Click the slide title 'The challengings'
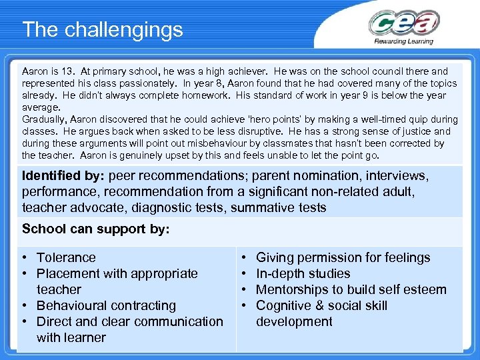(x=102, y=29)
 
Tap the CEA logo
(x=403, y=23)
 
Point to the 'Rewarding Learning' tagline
(x=403, y=41)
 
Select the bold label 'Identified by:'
(x=63, y=176)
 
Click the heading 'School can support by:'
(x=96, y=229)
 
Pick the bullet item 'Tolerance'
(x=66, y=257)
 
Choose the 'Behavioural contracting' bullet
(x=106, y=305)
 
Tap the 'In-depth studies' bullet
(x=303, y=273)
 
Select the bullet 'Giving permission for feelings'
(x=343, y=257)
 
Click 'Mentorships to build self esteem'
(x=351, y=289)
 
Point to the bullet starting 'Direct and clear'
(x=129, y=321)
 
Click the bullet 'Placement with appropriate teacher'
(x=117, y=273)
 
